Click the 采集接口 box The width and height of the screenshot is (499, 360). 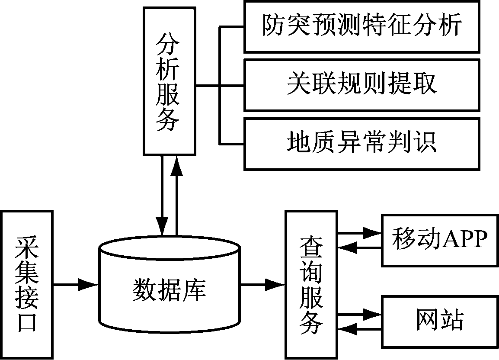pos(27,284)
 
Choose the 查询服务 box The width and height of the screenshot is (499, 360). pos(311,284)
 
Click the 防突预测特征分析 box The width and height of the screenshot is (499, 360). pos(362,26)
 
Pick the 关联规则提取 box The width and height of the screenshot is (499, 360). pos(362,85)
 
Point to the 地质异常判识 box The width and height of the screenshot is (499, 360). pos(362,143)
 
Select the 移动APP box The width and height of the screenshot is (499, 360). pos(439,239)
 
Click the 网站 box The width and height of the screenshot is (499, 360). pos(439,321)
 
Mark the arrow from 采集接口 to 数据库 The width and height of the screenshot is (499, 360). pos(76,284)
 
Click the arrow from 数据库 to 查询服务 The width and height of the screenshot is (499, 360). pos(262,284)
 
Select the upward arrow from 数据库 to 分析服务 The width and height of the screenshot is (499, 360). pos(177,195)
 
